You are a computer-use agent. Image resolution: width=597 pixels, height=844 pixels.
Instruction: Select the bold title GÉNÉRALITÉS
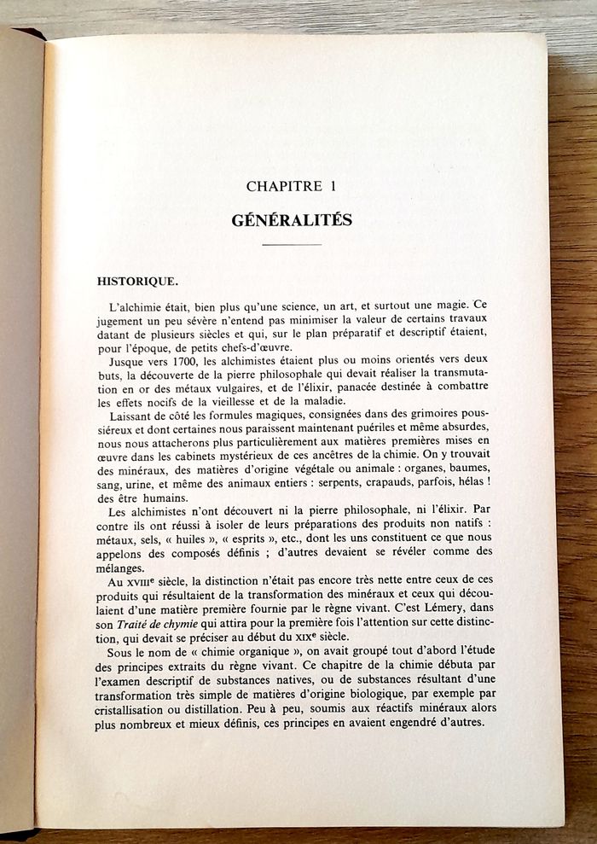click(292, 219)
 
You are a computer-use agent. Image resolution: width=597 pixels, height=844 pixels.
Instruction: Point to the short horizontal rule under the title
click(292, 246)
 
